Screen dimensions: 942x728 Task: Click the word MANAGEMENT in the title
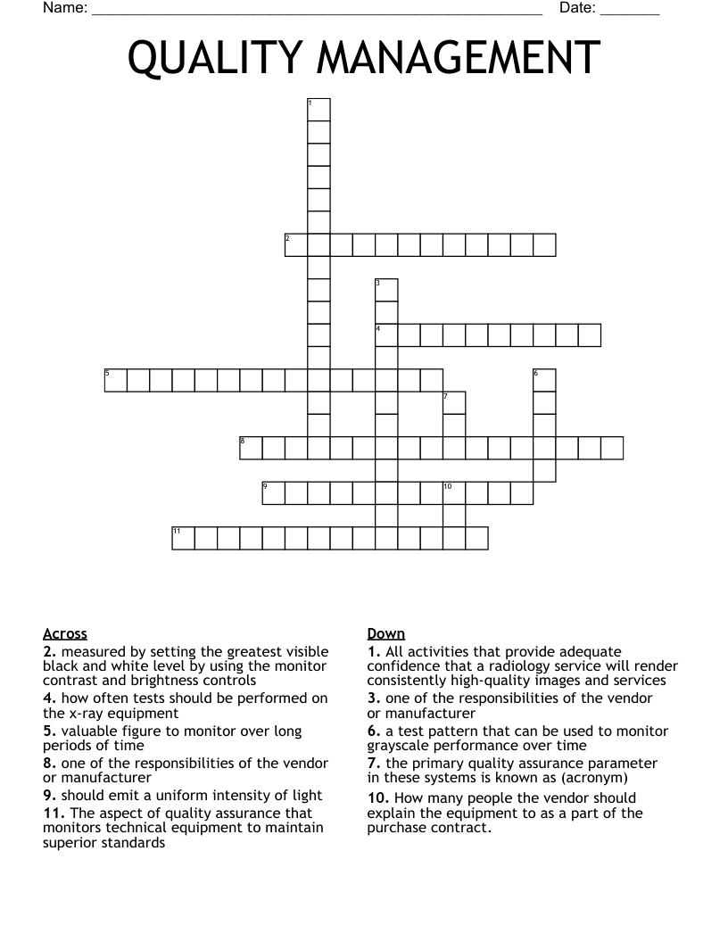point(459,60)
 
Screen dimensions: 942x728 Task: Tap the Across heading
point(65,634)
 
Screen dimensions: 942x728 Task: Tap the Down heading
point(386,634)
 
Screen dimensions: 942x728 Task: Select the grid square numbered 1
point(318,110)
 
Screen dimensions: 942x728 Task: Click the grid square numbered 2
point(296,245)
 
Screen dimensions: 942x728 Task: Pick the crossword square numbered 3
point(386,290)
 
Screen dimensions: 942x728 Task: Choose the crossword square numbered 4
point(386,335)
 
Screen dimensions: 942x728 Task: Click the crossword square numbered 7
point(454,403)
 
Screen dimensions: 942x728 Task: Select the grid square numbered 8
point(251,448)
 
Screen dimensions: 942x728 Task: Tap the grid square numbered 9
point(273,493)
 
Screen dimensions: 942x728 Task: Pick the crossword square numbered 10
point(454,493)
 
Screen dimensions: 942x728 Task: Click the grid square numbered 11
point(183,538)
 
